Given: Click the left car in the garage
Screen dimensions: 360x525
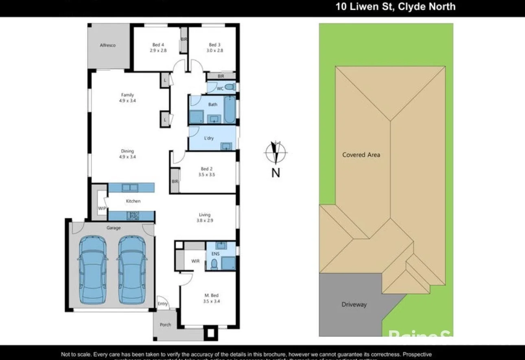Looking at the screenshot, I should click(x=93, y=270).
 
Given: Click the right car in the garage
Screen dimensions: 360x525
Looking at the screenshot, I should click(x=132, y=270).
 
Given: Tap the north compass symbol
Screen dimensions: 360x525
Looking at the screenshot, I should click(x=276, y=153).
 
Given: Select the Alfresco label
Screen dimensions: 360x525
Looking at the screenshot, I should click(x=108, y=45).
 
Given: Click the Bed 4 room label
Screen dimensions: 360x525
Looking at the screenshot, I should click(x=158, y=45).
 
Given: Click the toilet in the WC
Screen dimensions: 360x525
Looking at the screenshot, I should click(x=230, y=88).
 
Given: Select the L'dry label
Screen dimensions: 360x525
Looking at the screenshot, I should click(x=208, y=138).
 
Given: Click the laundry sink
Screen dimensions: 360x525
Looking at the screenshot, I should click(x=225, y=146).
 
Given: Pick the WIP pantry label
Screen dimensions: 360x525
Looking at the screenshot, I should click(x=102, y=208).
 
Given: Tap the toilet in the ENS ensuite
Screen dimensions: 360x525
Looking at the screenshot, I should click(x=214, y=265).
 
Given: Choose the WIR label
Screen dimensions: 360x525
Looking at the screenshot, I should click(x=196, y=261).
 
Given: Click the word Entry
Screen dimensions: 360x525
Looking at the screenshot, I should click(x=163, y=303).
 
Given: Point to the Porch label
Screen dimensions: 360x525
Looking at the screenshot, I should click(x=165, y=325).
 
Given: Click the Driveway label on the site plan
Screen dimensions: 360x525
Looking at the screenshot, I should click(x=354, y=304).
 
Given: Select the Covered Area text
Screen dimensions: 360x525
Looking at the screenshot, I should click(x=361, y=155).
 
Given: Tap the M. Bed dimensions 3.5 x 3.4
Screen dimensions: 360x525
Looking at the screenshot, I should click(x=212, y=301).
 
